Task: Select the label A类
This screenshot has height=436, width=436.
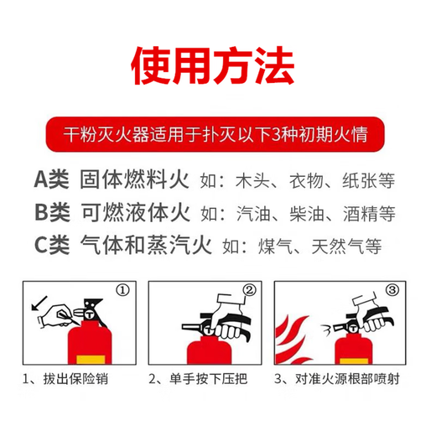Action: [51, 180]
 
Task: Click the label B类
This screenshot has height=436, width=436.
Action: [51, 213]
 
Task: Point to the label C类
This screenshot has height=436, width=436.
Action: [51, 246]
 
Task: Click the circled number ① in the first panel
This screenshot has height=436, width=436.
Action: [123, 292]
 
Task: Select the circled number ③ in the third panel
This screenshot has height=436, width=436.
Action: [393, 292]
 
